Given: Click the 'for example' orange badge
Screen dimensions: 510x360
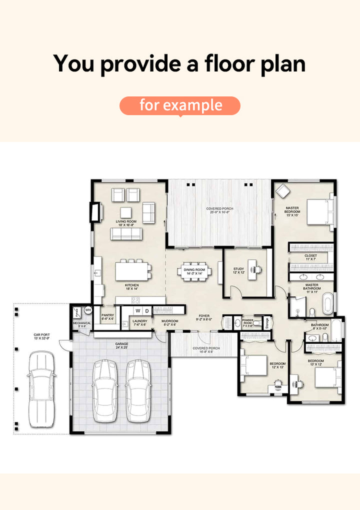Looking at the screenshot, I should coord(180,105).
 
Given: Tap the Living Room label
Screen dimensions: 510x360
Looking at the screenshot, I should coord(126,223).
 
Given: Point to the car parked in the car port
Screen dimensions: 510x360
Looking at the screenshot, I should coord(40,388).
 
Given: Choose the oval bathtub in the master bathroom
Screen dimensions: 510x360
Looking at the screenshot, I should coord(328,304).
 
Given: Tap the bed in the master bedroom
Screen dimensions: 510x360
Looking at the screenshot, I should coord(319,212).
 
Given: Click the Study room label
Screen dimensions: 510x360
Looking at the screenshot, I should coord(238,270).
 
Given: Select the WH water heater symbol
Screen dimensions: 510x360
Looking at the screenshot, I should coord(88,310).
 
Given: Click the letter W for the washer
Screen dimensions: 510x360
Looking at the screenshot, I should coord(137,311).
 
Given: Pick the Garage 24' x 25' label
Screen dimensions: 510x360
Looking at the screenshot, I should coord(121,345).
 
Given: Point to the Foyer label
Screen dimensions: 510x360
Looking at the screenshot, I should coord(204,317).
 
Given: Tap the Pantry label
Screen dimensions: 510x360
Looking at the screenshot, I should coord(108,317).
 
